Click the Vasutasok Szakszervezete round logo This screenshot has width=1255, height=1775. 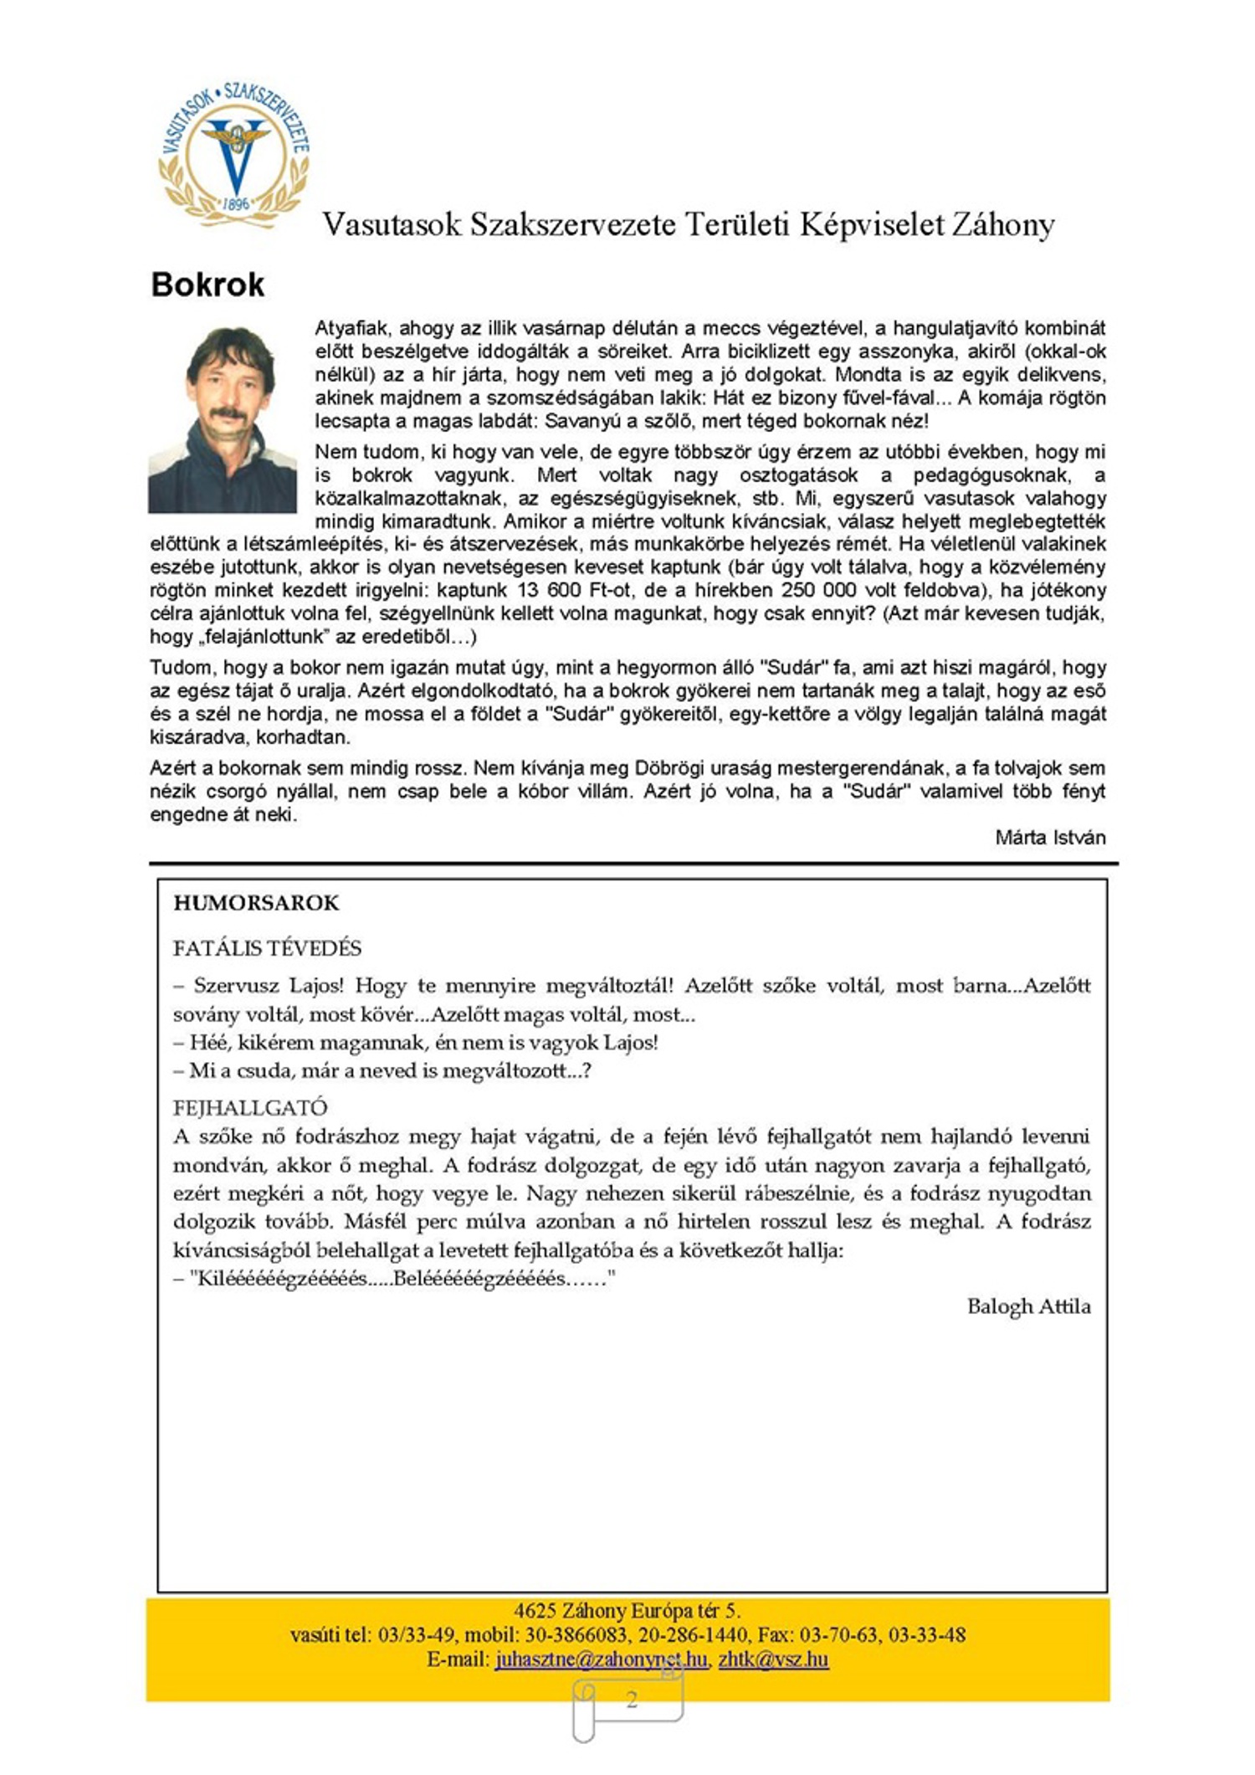(234, 154)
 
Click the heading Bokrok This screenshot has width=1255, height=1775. (207, 285)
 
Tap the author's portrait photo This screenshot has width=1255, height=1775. (223, 419)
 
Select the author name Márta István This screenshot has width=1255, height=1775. (1050, 838)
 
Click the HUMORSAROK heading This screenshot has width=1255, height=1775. (256, 903)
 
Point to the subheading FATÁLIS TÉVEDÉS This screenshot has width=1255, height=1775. (267, 948)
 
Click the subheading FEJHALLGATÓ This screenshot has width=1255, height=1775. (249, 1108)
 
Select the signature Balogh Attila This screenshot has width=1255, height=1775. (1028, 1306)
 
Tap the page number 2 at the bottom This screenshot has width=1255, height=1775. (632, 1699)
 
